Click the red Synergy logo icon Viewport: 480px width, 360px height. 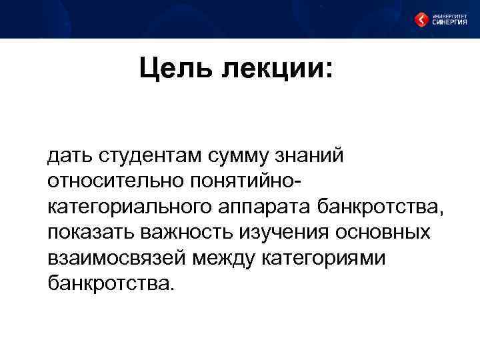point(421,19)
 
